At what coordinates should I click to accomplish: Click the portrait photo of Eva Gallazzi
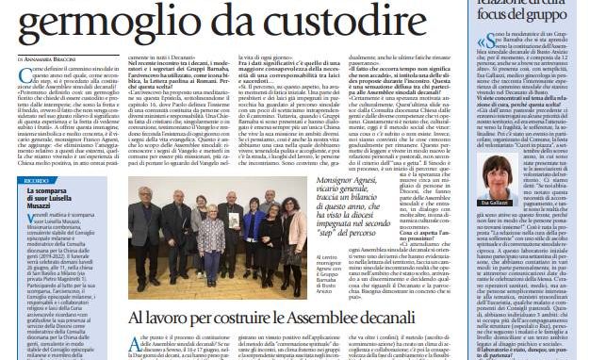[500, 172]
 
